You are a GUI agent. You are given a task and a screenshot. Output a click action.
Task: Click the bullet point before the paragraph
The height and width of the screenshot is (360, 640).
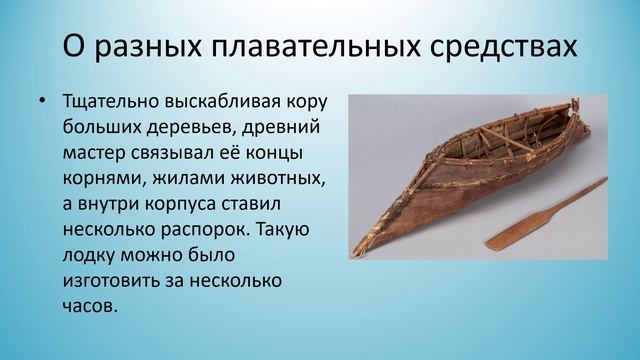[41, 102]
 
